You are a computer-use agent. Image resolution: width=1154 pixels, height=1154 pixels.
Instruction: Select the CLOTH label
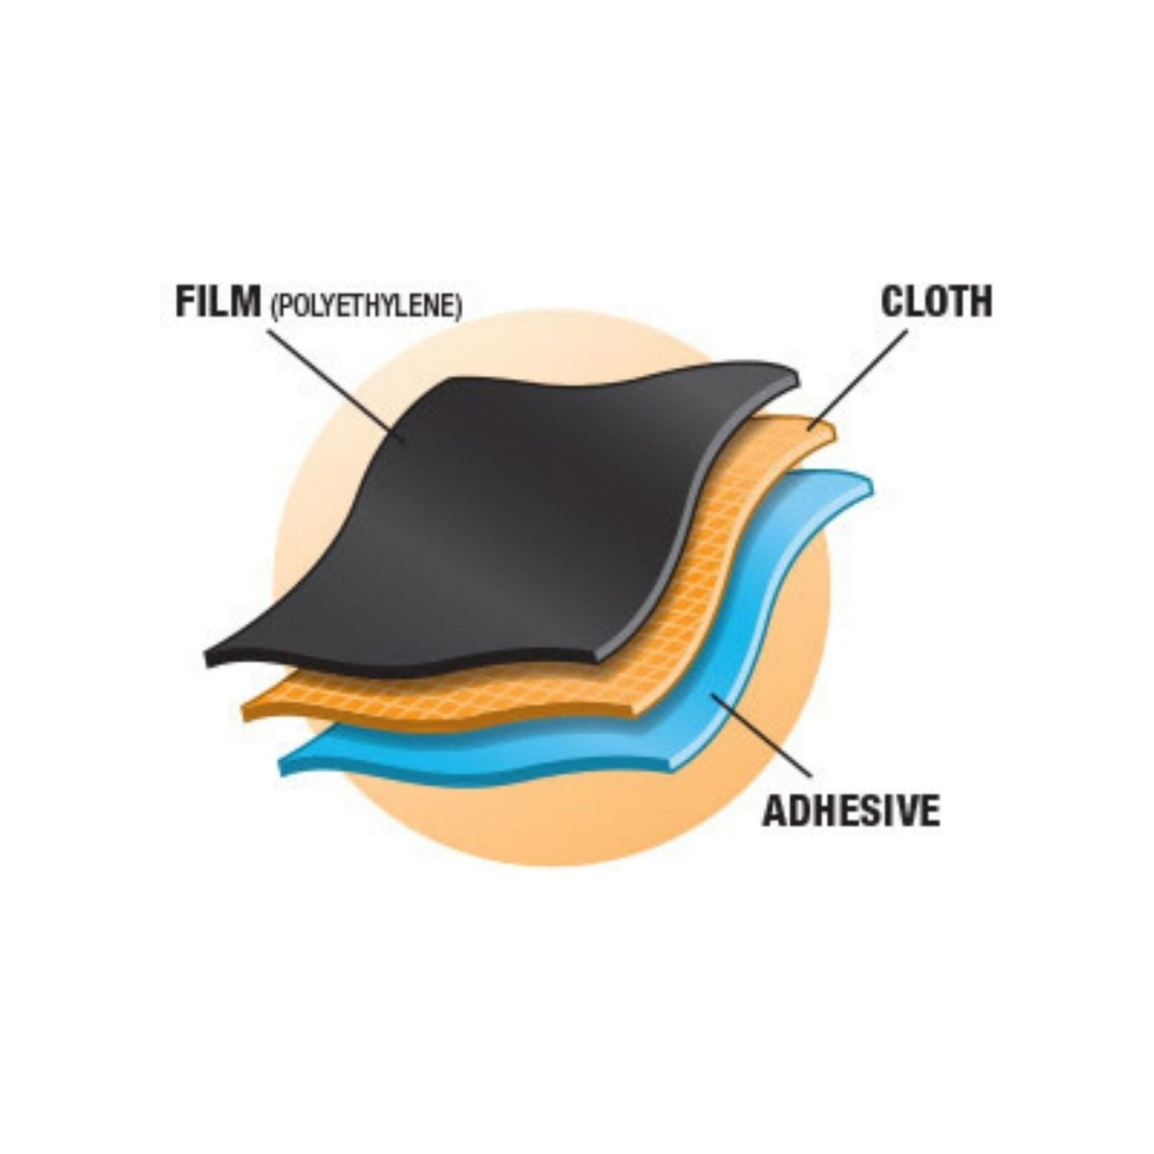coord(936,302)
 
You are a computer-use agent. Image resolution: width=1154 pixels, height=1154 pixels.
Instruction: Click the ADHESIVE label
coord(851,810)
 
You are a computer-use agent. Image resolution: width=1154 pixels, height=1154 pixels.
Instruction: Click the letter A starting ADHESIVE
coord(773,811)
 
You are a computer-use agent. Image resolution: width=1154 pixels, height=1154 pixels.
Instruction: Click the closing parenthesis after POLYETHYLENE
coord(459,307)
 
